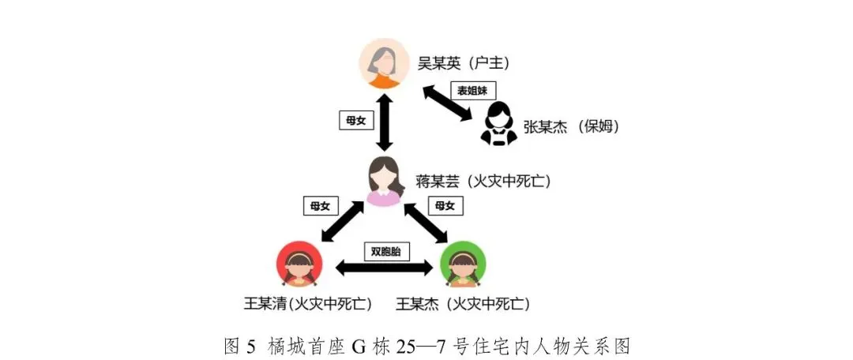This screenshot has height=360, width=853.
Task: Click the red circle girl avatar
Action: point(300,265)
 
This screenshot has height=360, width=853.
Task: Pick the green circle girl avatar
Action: point(463,265)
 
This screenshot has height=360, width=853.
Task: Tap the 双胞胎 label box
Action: point(386,252)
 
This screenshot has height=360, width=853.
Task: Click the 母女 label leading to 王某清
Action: point(320,206)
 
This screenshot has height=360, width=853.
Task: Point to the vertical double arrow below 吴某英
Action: point(385,122)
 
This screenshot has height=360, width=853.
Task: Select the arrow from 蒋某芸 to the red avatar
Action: point(342,222)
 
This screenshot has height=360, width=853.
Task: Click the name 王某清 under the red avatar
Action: point(268,303)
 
